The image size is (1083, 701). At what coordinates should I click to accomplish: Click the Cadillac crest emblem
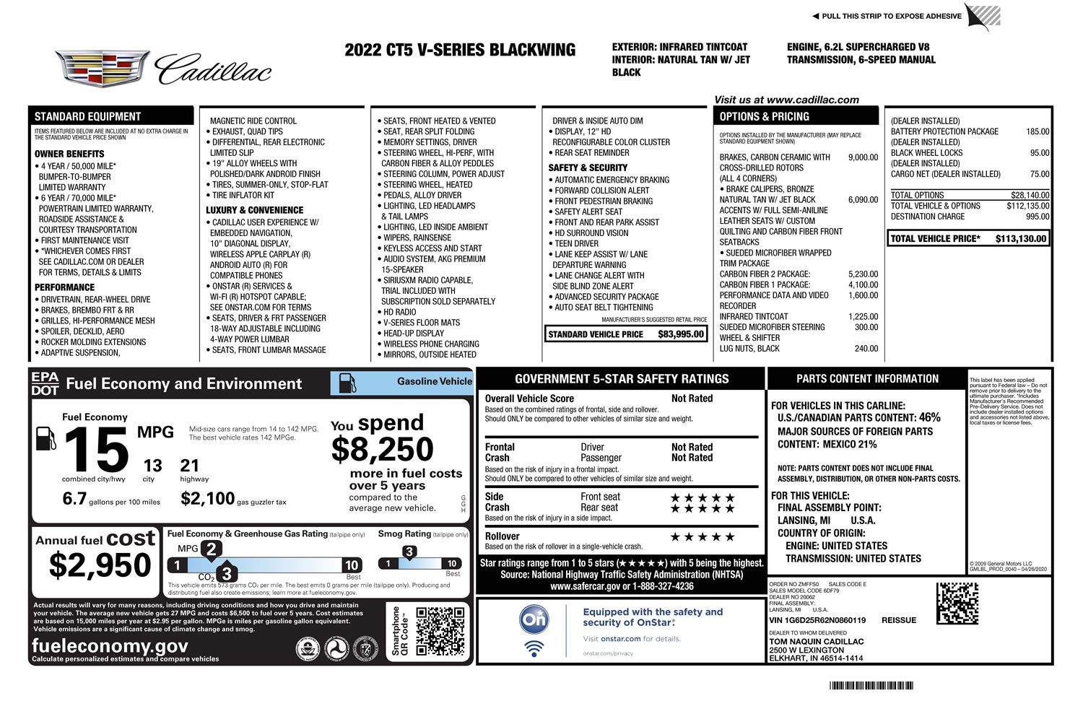[103, 69]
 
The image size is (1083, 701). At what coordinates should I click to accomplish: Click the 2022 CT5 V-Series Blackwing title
[460, 51]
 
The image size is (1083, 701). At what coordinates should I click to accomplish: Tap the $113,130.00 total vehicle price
[1020, 239]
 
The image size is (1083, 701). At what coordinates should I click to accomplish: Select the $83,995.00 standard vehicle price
[680, 334]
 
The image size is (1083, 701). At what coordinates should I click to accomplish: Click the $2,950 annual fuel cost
[100, 565]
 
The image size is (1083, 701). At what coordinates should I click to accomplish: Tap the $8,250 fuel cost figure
[382, 450]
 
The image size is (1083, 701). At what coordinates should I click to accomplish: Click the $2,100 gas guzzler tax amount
[207, 499]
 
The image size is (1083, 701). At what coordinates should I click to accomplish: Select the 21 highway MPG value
[189, 466]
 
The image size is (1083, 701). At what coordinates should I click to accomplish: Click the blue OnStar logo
[534, 619]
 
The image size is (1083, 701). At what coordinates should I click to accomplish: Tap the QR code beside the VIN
[957, 604]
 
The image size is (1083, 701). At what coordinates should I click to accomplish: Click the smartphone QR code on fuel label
[440, 631]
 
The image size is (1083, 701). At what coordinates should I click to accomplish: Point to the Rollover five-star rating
[702, 537]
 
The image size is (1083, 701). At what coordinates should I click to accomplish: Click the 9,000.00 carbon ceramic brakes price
[863, 157]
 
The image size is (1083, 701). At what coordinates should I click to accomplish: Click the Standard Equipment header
[88, 116]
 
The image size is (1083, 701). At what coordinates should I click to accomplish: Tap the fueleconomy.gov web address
[110, 645]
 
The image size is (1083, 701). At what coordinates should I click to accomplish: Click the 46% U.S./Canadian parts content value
[929, 417]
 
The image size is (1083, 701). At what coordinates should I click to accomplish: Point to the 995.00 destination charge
[1038, 217]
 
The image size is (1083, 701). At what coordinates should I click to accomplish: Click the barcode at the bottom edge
[871, 686]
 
